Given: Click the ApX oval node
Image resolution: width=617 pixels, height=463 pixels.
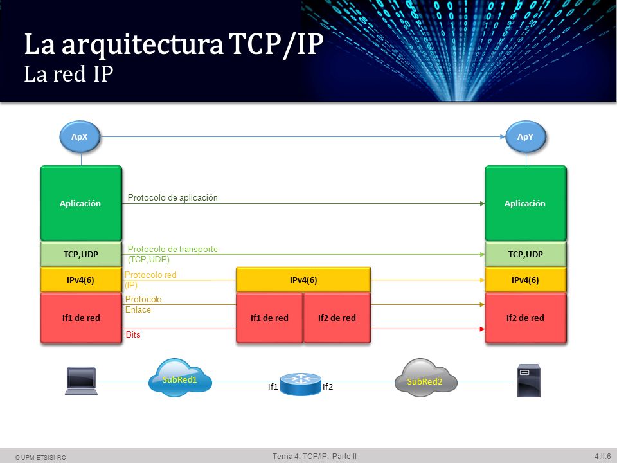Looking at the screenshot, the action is pos(80,136).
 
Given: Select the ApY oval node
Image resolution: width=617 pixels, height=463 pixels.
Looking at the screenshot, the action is pos(526,136).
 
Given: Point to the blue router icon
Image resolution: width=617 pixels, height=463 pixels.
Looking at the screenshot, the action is pos(301,384).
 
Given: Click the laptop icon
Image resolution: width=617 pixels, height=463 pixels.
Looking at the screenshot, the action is pos(81,381).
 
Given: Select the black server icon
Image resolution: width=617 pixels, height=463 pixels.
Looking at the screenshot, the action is pos(528,381).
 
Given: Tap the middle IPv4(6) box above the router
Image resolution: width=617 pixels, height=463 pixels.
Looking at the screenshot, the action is pos(303,280).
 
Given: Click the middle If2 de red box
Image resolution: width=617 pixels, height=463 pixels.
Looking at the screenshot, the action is pos(337,318).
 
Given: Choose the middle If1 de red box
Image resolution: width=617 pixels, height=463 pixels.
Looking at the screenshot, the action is pos(269,318).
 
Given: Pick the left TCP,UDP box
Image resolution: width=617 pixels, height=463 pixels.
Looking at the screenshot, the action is pos(81,255).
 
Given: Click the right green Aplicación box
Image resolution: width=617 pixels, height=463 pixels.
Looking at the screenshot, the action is pos(526,203).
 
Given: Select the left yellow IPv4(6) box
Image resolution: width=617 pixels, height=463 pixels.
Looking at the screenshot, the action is pos(81,280).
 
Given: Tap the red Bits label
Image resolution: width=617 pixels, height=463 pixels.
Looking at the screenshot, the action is pos(133,334).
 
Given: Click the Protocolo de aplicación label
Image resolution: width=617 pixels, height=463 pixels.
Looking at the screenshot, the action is pos(173,197).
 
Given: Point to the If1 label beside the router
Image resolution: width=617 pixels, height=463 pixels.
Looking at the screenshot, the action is pos(273,387).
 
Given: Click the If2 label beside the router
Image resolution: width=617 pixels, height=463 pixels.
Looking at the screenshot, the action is pos(328,387).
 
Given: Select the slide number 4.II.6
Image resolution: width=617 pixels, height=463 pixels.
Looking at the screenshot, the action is pos(602,457).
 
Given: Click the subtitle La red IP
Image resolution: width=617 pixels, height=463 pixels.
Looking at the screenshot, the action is pos(69,74).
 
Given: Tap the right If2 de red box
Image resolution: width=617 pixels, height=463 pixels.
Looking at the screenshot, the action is pos(526,318).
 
